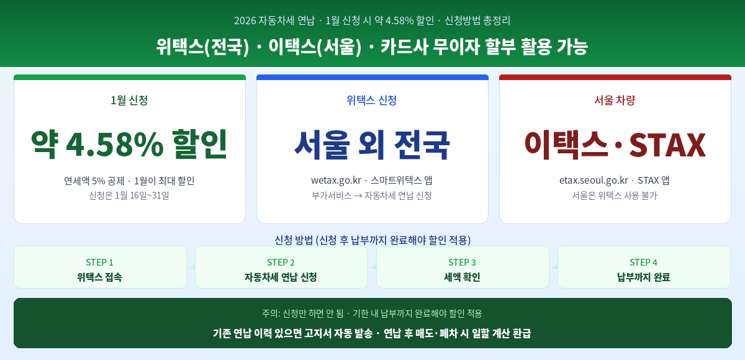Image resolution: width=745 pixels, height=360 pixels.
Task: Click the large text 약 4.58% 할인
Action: pyautogui.click(x=129, y=144)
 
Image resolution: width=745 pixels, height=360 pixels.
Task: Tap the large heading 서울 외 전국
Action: pyautogui.click(x=372, y=144)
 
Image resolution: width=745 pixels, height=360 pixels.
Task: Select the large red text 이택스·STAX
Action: pyautogui.click(x=615, y=144)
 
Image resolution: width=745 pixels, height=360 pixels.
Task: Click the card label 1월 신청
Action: pyautogui.click(x=129, y=100)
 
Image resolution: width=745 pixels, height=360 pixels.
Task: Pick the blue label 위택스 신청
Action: pyautogui.click(x=372, y=100)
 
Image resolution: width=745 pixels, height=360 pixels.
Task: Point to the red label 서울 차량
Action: pyautogui.click(x=615, y=100)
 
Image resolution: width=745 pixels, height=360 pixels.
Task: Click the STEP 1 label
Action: pyautogui.click(x=99, y=262)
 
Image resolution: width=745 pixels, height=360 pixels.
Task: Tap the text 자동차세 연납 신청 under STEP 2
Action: pyautogui.click(x=281, y=277)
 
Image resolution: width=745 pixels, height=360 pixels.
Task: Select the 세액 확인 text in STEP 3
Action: pyautogui.click(x=462, y=277)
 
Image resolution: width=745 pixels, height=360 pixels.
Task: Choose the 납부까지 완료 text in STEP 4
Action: pyautogui.click(x=643, y=277)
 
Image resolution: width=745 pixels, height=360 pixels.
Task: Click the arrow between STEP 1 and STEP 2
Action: pyautogui.click(x=191, y=268)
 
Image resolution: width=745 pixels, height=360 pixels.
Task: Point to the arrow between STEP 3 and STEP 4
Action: pyautogui.click(x=554, y=268)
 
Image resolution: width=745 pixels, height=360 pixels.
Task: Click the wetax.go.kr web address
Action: pyautogui.click(x=336, y=181)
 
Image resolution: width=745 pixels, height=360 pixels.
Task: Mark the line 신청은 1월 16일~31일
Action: pyautogui.click(x=129, y=196)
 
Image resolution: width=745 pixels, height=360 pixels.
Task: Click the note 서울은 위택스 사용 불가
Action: pyautogui.click(x=615, y=196)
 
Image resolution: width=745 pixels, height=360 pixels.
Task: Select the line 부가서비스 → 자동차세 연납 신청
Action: pyautogui.click(x=372, y=196)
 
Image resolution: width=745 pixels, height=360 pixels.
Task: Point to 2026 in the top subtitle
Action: pyautogui.click(x=245, y=20)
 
